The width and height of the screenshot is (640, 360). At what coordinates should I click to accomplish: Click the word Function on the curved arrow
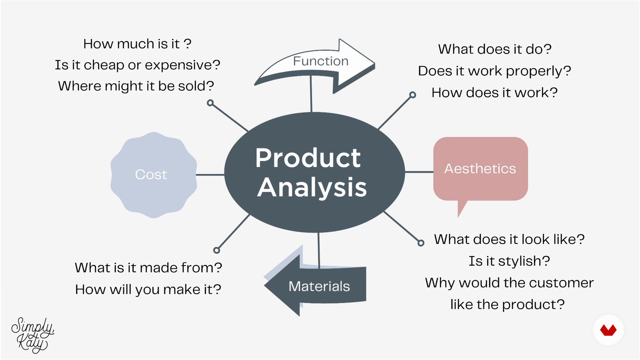click(x=321, y=61)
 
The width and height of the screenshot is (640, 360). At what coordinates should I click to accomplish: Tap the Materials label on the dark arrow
click(x=319, y=286)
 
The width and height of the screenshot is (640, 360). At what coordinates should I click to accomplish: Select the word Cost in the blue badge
click(x=151, y=175)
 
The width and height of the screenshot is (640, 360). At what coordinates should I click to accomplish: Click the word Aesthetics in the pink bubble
click(x=480, y=169)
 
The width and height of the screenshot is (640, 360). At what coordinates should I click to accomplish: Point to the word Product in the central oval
click(x=308, y=158)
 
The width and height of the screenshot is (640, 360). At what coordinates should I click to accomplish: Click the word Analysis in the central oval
click(x=312, y=187)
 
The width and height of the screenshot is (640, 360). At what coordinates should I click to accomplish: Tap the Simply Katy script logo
click(x=33, y=335)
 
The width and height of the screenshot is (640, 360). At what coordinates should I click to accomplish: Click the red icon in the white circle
click(x=608, y=330)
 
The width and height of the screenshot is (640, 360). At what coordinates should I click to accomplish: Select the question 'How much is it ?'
click(x=137, y=44)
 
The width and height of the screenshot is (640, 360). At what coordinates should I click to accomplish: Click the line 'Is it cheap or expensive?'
click(x=138, y=65)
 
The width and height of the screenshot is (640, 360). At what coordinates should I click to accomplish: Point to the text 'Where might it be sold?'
click(x=136, y=86)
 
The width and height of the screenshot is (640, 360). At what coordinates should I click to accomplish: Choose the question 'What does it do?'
click(x=495, y=49)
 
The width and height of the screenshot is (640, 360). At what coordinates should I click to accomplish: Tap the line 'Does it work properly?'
click(x=495, y=71)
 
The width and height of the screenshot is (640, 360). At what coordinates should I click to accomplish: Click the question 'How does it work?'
click(x=495, y=93)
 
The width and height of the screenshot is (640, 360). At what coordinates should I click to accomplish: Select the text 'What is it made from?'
click(x=148, y=268)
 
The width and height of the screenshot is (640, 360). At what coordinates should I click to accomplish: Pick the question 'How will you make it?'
click(x=148, y=289)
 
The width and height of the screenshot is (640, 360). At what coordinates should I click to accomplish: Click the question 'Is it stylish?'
click(x=509, y=261)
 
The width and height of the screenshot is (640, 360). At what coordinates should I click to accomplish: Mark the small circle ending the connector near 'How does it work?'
click(x=413, y=95)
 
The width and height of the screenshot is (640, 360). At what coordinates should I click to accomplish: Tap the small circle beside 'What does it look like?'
click(x=421, y=243)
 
